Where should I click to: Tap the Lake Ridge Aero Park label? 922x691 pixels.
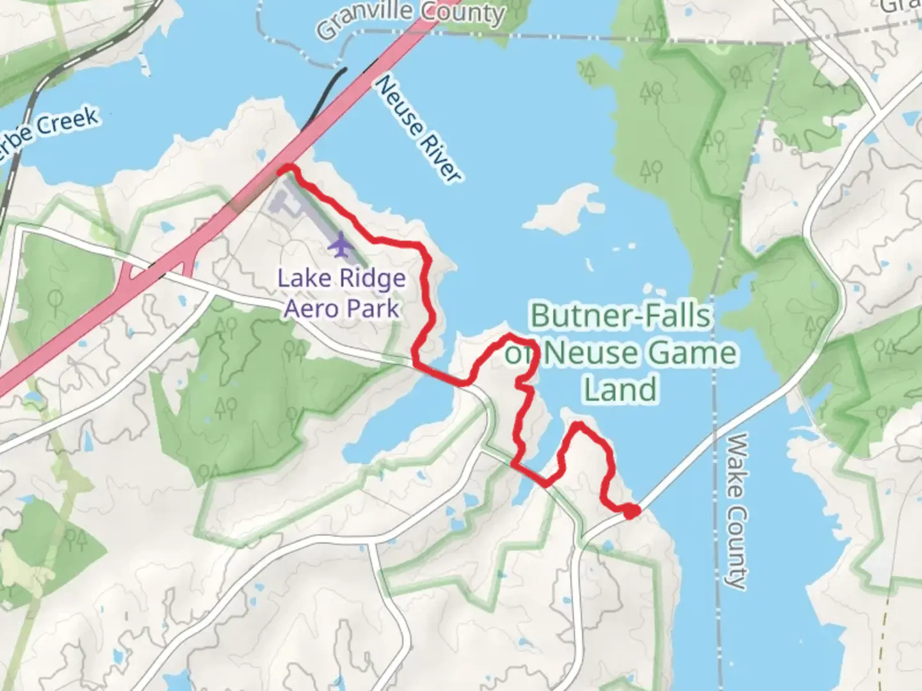341,294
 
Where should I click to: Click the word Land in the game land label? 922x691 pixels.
622,390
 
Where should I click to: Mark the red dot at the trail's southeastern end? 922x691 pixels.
631,511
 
